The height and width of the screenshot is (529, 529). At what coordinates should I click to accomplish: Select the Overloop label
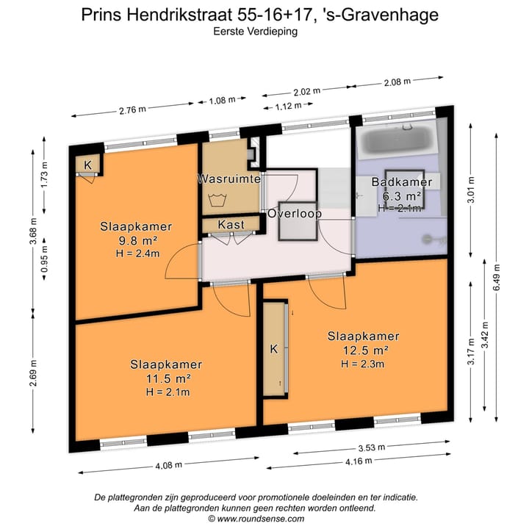pos(294,214)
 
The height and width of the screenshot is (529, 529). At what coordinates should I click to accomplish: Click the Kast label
pos(231,225)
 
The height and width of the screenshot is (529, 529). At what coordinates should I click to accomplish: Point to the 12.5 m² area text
pos(364,349)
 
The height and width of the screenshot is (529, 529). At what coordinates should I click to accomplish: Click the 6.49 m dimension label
pos(497,278)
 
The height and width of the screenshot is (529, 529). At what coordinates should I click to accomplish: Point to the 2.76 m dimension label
pos(133,109)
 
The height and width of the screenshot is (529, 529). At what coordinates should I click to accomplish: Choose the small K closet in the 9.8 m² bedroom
pos(87,165)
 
